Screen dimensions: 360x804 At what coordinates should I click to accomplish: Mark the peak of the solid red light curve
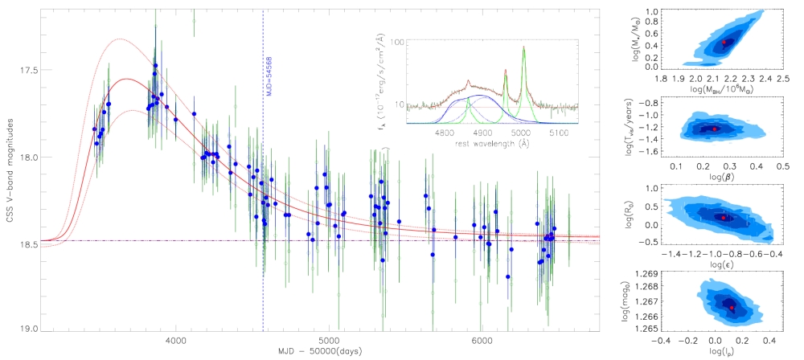(x=126, y=79)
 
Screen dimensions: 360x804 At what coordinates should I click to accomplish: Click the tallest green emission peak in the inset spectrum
(x=523, y=47)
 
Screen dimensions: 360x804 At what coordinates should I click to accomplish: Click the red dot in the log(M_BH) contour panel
(x=724, y=41)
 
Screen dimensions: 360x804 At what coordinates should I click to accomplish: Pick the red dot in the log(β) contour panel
(x=714, y=129)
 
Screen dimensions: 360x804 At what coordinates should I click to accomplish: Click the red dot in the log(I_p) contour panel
(x=732, y=307)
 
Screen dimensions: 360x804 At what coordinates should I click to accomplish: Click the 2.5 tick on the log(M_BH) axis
(x=782, y=80)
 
